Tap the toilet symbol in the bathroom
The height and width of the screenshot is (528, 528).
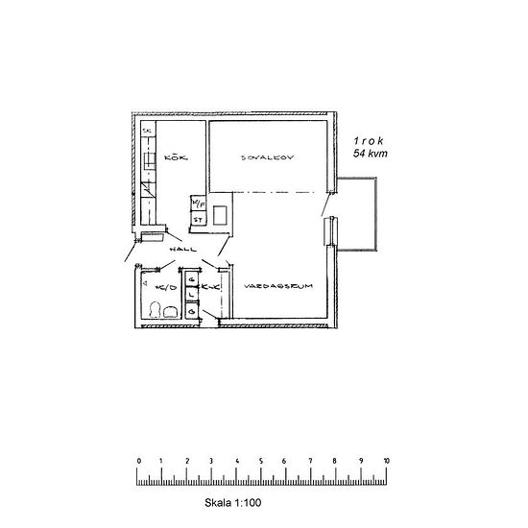point(173,310)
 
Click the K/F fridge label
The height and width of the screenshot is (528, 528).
point(197,204)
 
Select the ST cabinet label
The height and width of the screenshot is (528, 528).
point(197,219)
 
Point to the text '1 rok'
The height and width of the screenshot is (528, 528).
point(370,140)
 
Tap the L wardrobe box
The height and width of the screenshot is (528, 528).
point(193,295)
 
